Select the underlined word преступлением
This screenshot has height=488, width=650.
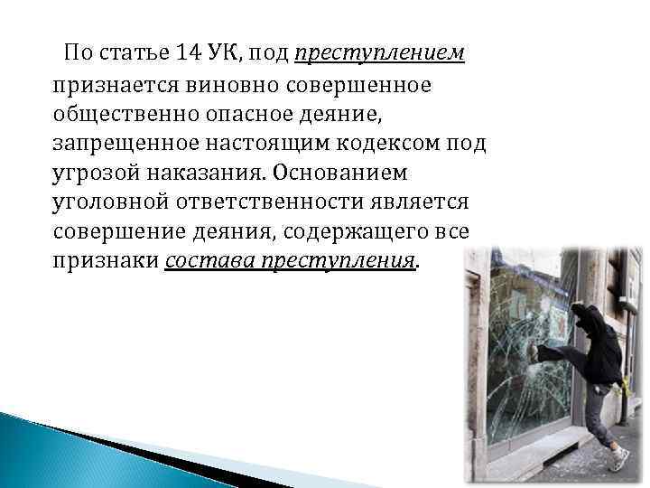click(379, 53)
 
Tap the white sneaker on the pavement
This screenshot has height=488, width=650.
click(618, 459)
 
